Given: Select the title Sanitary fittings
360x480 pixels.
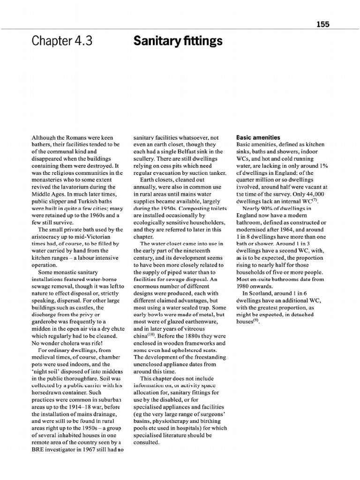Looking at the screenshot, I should pyautogui.click(x=178, y=42).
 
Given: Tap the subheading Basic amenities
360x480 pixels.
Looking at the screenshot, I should pyautogui.click(x=258, y=138).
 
